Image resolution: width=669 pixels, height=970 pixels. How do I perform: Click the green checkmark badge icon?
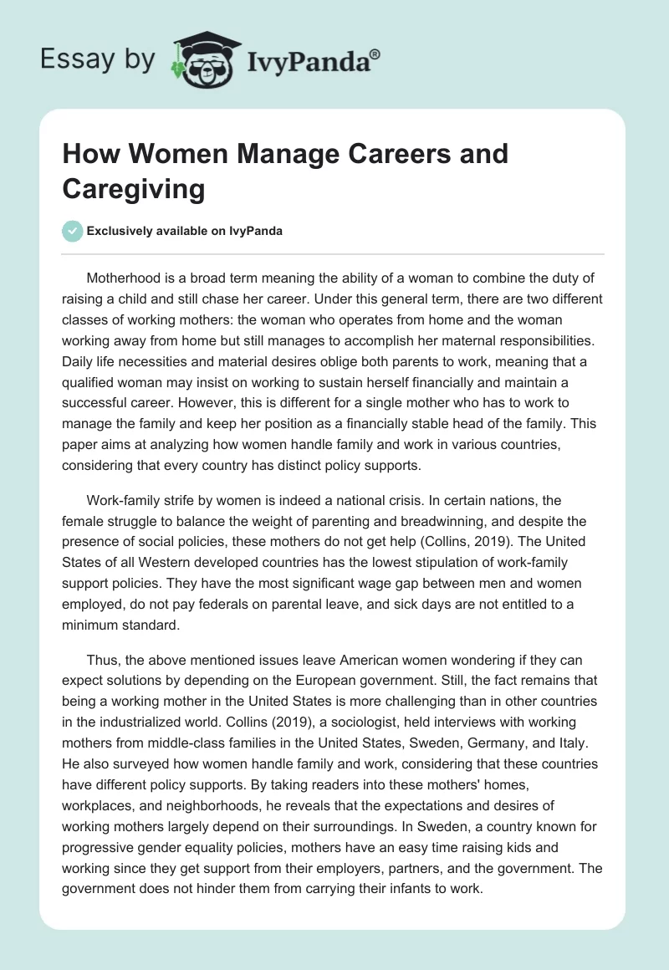point(73,231)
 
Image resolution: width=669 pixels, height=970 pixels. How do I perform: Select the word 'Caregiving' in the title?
point(134,189)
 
